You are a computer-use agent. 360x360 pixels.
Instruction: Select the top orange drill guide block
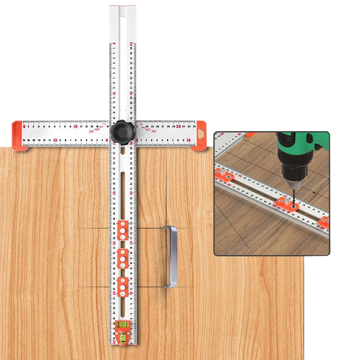point(122,230)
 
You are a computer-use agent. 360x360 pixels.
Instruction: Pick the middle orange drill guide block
point(122,258)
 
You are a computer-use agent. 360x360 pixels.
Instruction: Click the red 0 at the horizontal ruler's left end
point(24,126)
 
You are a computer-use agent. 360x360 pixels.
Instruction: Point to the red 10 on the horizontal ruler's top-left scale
point(75,126)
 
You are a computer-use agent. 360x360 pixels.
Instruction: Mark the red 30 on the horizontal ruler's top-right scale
point(178,126)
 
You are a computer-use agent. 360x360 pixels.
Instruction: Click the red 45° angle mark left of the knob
point(98,130)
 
